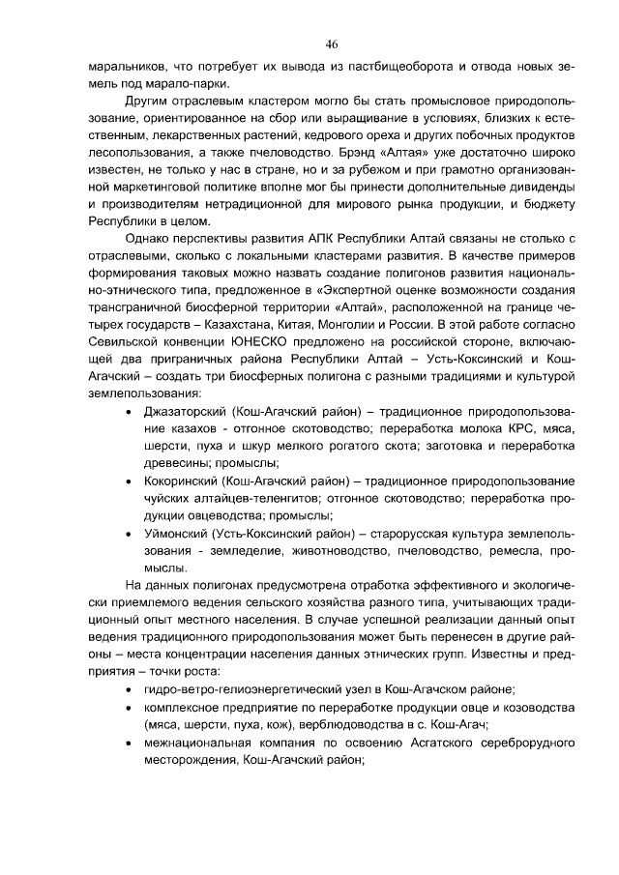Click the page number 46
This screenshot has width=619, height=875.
pyautogui.click(x=331, y=44)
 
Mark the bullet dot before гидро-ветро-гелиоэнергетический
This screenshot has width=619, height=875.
pyautogui.click(x=131, y=689)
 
